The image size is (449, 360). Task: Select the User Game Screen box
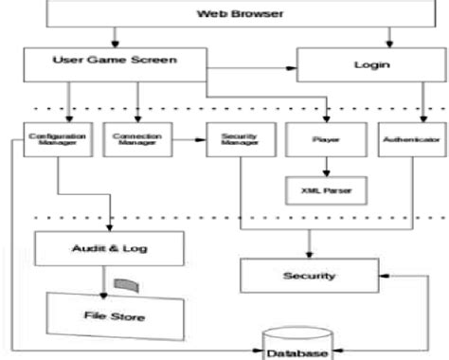pyautogui.click(x=115, y=63)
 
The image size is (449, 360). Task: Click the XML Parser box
pyautogui.click(x=325, y=189)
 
